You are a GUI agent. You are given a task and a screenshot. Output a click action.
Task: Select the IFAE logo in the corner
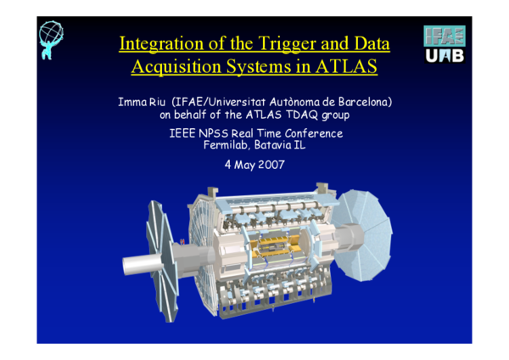[445, 35]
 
